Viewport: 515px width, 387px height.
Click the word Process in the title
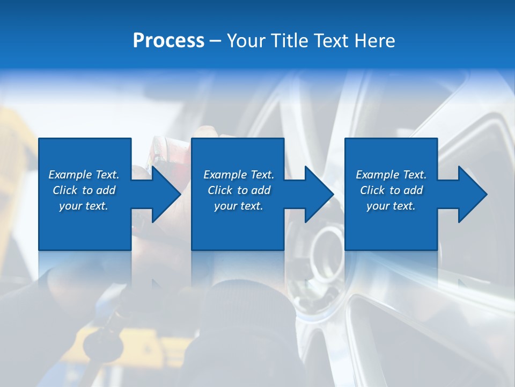pos(168,41)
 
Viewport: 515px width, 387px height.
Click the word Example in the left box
pos(71,175)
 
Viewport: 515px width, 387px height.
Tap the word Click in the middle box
pos(220,190)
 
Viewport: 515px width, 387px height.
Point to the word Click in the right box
pos(373,190)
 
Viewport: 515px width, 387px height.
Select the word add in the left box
pos(106,190)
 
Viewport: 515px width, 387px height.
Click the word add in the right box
pos(413,190)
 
